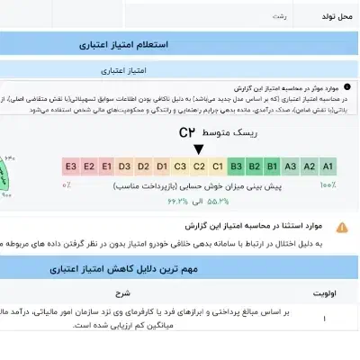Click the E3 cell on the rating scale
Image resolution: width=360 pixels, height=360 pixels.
coord(69,166)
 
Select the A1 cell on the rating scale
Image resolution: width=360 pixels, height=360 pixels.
coord(328,166)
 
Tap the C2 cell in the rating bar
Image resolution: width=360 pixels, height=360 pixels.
coord(199,166)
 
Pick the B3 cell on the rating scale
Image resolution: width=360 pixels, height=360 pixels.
coord(236,166)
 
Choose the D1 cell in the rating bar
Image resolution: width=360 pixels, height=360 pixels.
coord(162,166)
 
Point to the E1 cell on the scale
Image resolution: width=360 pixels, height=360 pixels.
coord(106,166)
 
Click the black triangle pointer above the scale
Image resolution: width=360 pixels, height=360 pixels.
coord(198,148)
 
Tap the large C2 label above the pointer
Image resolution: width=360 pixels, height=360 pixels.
coord(187,132)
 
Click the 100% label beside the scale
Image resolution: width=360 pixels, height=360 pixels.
coord(328,184)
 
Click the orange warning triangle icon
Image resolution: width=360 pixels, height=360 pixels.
coord(341,228)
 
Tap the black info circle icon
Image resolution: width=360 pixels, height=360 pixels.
coord(347,88)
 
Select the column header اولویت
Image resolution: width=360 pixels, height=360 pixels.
coord(323,292)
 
